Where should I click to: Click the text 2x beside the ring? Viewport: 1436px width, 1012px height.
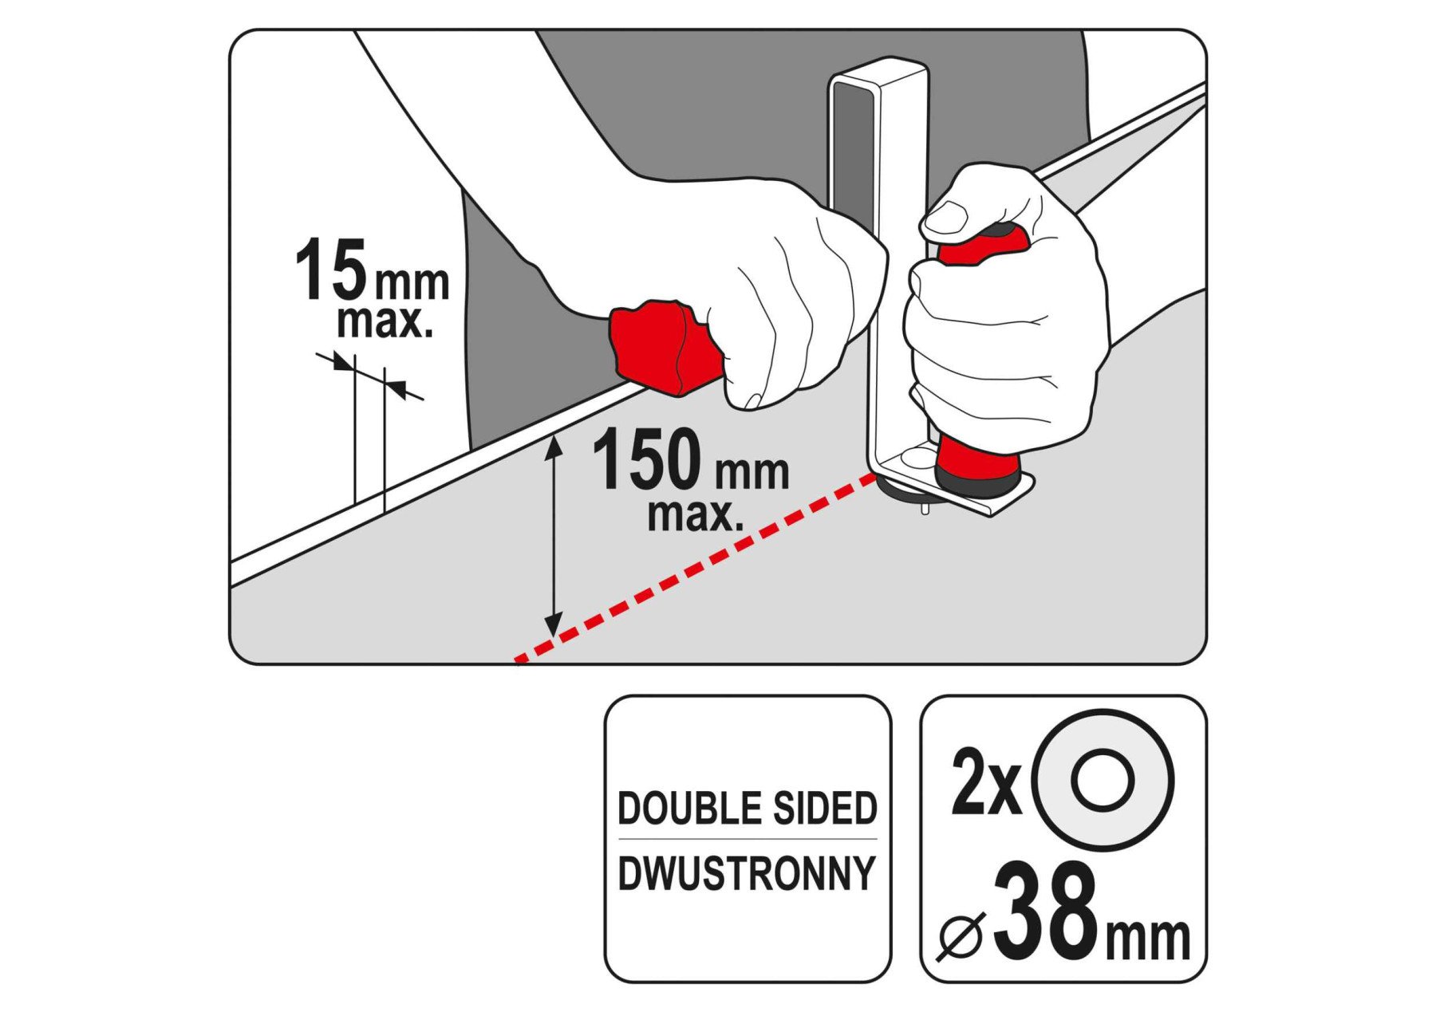[x=987, y=782]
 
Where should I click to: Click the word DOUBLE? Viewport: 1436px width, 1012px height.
[x=680, y=809]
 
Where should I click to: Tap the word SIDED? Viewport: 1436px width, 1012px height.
[x=814, y=809]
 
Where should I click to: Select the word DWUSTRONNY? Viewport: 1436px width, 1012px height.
[x=748, y=873]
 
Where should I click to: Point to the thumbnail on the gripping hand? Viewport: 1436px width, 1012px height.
[x=947, y=216]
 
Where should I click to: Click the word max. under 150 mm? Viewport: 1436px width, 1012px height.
[x=696, y=514]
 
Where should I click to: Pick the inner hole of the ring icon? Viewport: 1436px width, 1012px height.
[x=1103, y=781]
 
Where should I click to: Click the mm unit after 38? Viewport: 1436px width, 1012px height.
[x=1148, y=939]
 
